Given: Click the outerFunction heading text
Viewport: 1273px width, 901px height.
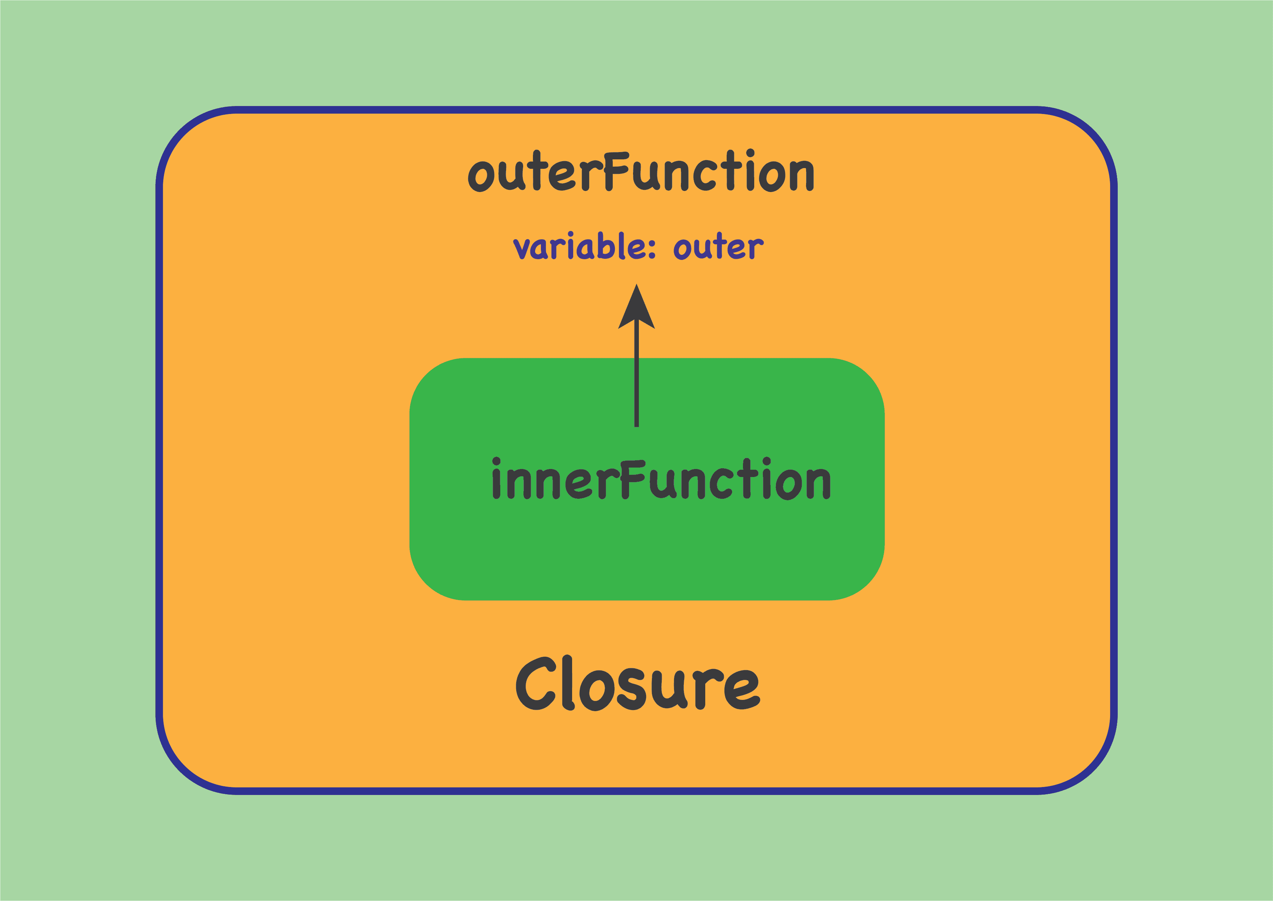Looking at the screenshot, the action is (x=641, y=171).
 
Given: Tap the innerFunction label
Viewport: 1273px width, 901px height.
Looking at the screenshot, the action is (x=661, y=479).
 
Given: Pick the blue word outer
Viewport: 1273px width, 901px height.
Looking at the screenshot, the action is (x=719, y=246).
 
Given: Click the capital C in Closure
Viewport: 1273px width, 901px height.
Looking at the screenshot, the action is (x=535, y=684).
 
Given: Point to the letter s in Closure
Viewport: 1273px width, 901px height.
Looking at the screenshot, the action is (x=631, y=689).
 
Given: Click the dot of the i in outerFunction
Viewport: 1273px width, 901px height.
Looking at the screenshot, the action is (x=750, y=152).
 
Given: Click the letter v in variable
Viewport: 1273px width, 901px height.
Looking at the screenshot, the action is (x=521, y=249).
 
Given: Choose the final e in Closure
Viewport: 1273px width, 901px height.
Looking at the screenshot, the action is (x=742, y=690).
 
